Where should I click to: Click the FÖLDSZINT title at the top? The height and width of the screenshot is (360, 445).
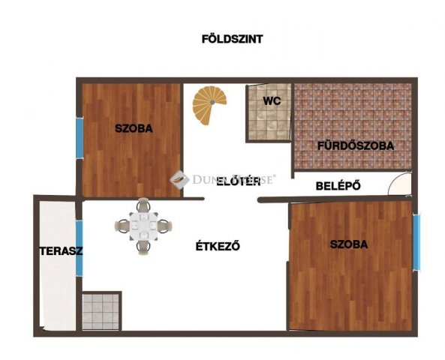point(231,38)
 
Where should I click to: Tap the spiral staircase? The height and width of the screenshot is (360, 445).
point(208,106)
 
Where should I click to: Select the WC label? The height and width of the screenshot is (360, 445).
point(271,100)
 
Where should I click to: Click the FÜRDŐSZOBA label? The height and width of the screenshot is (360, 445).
point(356,145)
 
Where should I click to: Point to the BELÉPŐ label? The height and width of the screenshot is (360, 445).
point(339,184)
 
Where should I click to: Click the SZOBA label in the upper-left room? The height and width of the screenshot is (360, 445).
point(134,128)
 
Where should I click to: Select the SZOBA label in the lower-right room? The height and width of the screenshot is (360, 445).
point(348,244)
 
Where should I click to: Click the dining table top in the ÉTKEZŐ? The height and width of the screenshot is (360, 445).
point(143,224)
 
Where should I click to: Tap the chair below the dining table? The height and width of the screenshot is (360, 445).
point(143,244)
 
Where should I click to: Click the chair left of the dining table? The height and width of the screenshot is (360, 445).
point(123,224)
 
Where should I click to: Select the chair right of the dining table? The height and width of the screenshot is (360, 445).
point(163,224)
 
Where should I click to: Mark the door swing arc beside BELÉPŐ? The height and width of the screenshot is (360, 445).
point(400,183)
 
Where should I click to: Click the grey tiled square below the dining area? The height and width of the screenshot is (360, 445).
point(101,311)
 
